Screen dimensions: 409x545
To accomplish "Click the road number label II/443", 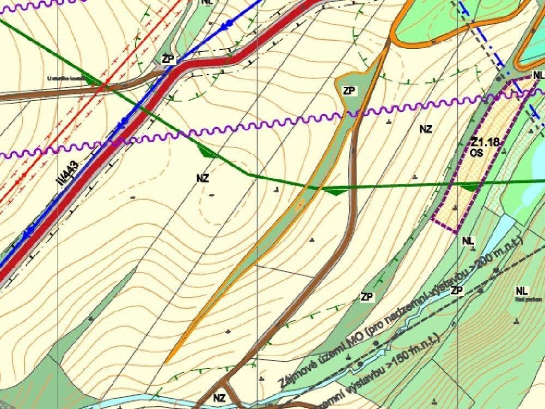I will pyautogui.click(x=69, y=175).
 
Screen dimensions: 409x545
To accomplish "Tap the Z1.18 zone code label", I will pyautogui.click(x=485, y=143).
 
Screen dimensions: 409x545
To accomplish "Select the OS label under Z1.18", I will pyautogui.click(x=477, y=154).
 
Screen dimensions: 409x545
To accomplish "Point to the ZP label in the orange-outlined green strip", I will pyautogui.click(x=349, y=91).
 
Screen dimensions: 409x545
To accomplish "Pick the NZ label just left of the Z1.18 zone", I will pyautogui.click(x=426, y=129).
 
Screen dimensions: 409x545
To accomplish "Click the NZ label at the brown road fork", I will pyautogui.click(x=219, y=398).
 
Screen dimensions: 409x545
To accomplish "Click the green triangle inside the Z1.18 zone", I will pyautogui.click(x=468, y=187).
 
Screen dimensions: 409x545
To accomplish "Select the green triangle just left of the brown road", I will pyautogui.click(x=333, y=191).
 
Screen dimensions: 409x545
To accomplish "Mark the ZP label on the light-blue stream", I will pyautogui.click(x=457, y=290).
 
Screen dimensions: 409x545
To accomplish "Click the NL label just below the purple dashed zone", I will pyautogui.click(x=468, y=240).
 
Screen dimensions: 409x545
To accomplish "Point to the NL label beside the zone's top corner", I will pyautogui.click(x=538, y=75).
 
